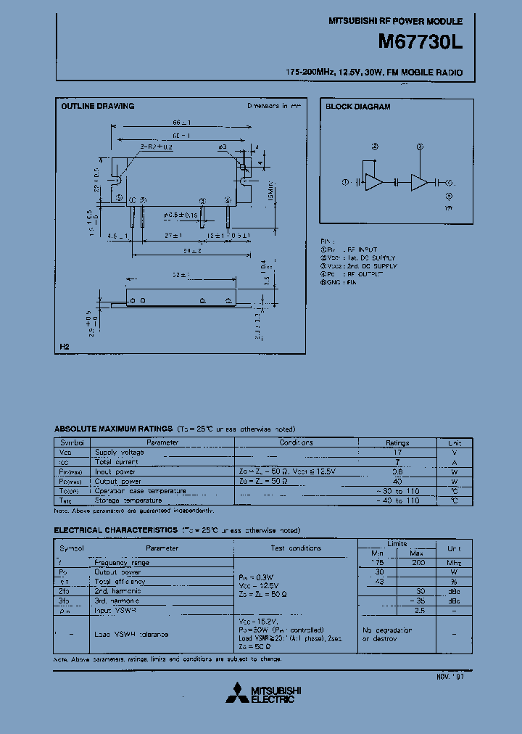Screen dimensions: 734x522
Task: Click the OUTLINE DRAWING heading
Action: [97, 106]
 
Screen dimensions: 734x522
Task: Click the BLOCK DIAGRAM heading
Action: [357, 107]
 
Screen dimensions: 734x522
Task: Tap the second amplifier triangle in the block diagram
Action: [419, 183]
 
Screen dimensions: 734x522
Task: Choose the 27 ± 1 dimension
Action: [172, 236]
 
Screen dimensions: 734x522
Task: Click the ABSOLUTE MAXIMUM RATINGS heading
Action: [113, 429]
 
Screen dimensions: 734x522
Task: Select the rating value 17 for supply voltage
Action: [397, 452]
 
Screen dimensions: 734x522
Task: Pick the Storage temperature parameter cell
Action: [129, 500]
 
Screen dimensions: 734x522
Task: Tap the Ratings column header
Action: [397, 442]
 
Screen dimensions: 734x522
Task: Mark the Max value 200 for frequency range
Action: [418, 562]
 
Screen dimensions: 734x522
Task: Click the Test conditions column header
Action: [296, 548]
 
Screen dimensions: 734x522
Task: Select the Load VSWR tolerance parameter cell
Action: [132, 634]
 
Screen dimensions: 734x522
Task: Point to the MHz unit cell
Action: [455, 562]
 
